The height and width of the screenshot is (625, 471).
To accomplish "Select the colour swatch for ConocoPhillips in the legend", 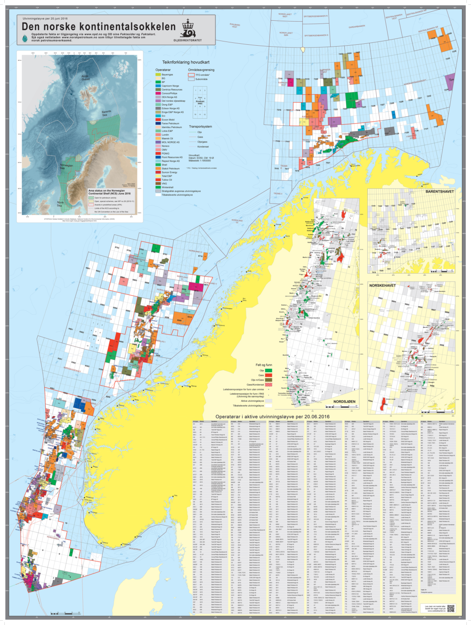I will pos(158,93).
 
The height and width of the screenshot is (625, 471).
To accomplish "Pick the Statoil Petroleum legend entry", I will pos(171,169).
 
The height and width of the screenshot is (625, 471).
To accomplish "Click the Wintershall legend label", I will pos(168,187).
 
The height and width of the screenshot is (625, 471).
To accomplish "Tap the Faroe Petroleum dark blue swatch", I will pos(158,123).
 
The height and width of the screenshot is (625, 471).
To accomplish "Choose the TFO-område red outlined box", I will pos(191,75).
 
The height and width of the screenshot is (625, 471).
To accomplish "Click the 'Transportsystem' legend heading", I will pos(201,127).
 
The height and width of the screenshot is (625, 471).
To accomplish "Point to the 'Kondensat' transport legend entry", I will pos(203,146).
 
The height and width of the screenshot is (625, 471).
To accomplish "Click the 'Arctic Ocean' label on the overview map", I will pos(85,78).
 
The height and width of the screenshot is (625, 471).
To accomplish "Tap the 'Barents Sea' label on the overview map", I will pos(107,114).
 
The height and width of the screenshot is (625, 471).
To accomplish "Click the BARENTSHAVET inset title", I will pos(439,192).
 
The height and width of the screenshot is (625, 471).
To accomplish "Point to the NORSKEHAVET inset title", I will pos(382,285).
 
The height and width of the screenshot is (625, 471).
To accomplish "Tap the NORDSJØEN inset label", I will pos(344,402).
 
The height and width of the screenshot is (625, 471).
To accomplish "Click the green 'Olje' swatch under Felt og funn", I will pos(268,371).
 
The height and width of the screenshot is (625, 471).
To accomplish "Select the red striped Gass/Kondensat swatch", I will pos(268,385).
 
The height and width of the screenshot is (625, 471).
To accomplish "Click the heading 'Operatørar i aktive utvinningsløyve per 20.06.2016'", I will pos(272,417).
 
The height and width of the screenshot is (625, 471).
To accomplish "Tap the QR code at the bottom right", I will pos(451,609).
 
